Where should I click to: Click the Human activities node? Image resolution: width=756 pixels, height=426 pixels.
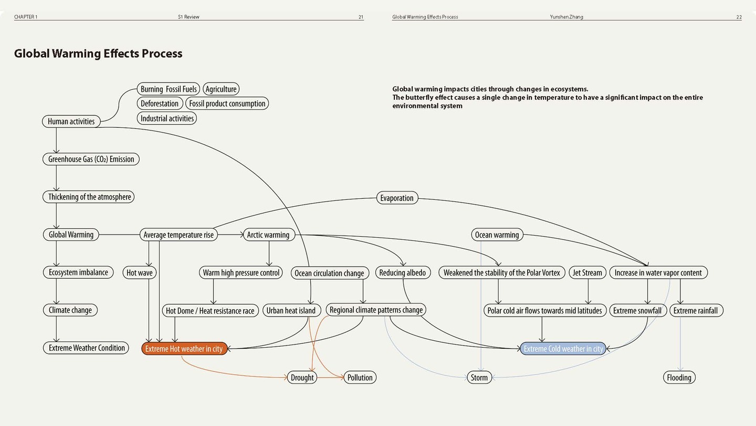(x=71, y=121)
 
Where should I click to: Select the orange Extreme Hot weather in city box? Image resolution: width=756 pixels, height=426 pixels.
(x=184, y=349)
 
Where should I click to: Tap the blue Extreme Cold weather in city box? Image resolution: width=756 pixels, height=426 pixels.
(x=563, y=349)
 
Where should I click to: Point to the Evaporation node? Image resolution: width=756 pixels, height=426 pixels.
(x=397, y=198)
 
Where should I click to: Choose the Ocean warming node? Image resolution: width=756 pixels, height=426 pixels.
(x=497, y=235)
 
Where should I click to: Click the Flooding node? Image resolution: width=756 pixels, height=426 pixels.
(x=679, y=377)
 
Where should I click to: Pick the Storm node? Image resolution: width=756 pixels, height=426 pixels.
(x=479, y=377)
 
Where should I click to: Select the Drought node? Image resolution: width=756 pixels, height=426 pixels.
(x=302, y=377)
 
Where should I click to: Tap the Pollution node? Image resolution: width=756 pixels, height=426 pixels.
(x=360, y=377)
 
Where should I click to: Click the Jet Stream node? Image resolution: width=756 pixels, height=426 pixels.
(x=587, y=272)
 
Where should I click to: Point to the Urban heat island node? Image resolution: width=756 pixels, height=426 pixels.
(x=291, y=310)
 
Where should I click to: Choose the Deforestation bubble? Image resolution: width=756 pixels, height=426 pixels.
(x=160, y=104)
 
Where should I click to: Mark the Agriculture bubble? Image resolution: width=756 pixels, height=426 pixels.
(x=221, y=89)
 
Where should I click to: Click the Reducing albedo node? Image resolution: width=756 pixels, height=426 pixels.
(x=403, y=272)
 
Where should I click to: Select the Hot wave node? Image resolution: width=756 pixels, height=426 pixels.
(x=140, y=272)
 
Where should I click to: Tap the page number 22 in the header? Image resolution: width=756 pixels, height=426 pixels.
(x=739, y=17)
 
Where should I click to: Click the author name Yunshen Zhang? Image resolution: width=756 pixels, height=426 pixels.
(x=566, y=17)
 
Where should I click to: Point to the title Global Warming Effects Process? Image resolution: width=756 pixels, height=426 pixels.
(x=98, y=54)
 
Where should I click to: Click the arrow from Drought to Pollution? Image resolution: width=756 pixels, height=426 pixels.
(x=330, y=377)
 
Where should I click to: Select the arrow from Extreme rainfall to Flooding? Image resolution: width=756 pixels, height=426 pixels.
(x=680, y=344)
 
